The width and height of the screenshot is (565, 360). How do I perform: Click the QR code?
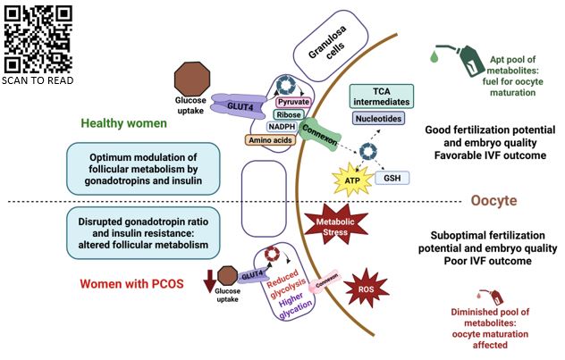tap(38, 38)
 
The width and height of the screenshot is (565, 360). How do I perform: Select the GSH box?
tap(392, 178)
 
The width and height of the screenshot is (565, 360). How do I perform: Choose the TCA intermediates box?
tap(381, 96)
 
